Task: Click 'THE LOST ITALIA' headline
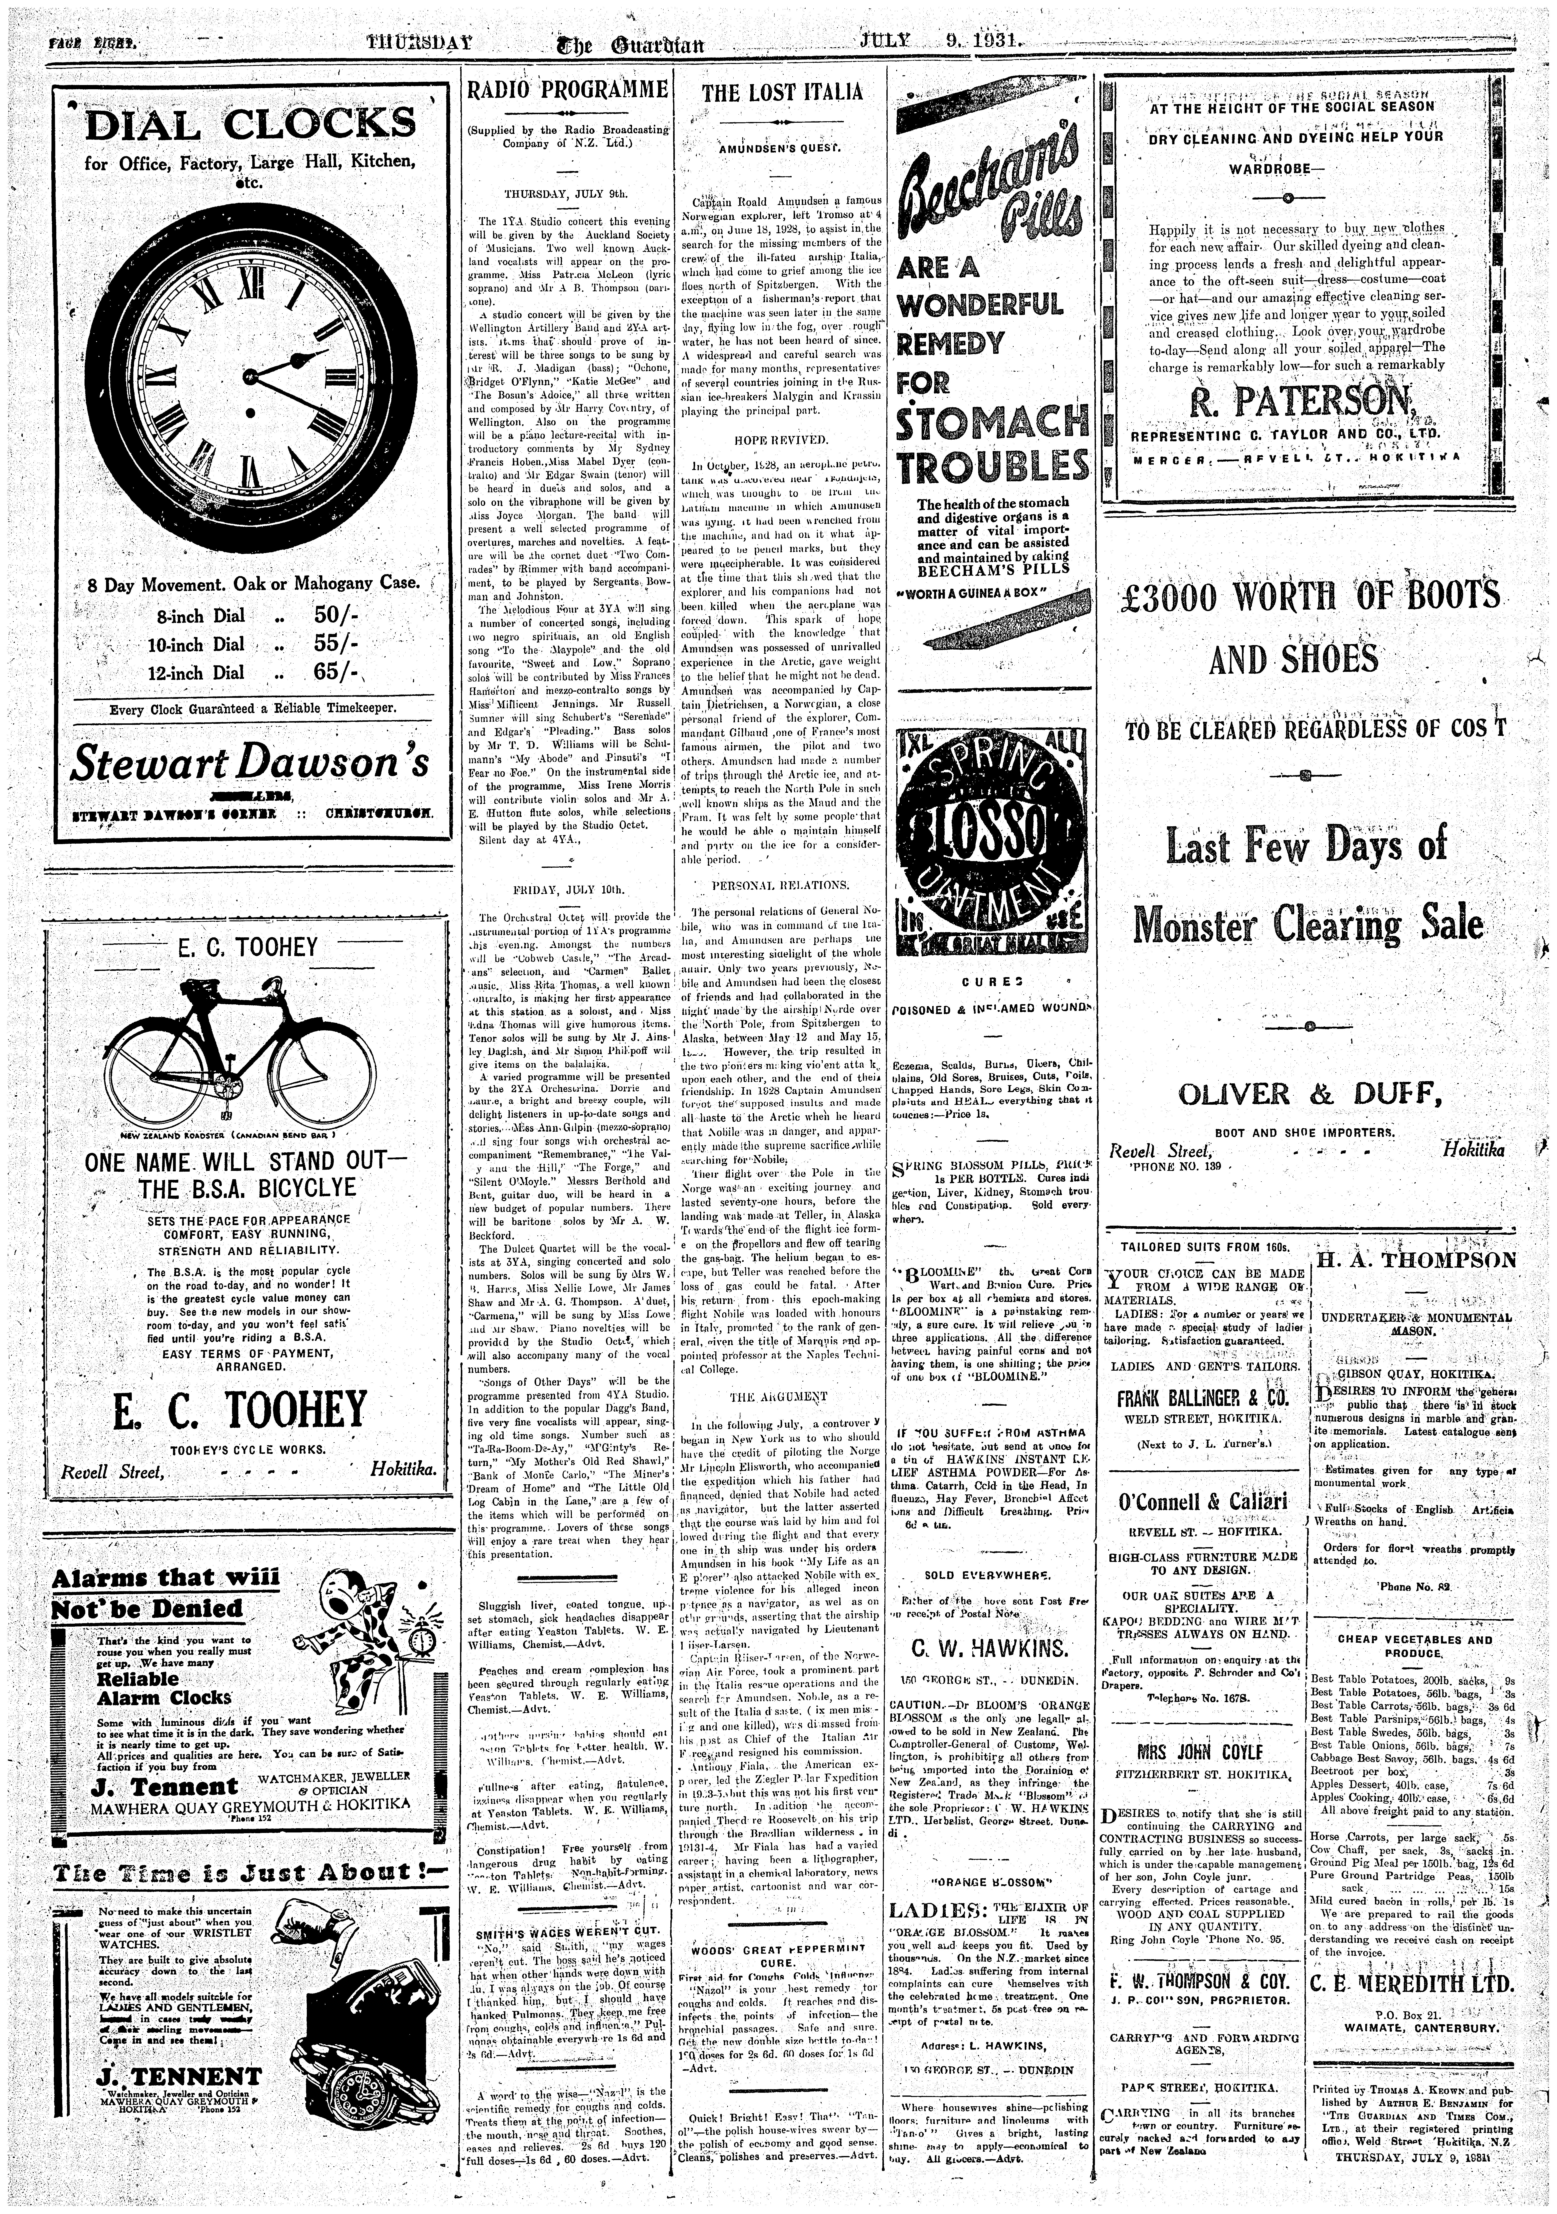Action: click(x=782, y=93)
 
